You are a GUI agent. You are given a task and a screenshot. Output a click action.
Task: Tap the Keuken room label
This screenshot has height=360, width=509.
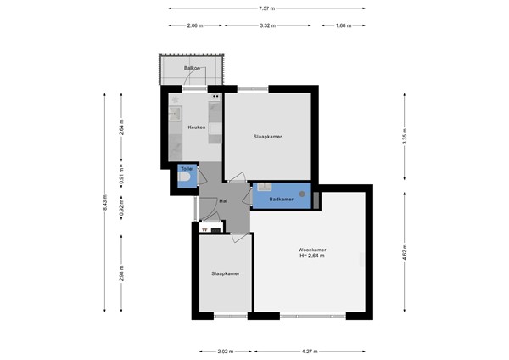pyautogui.click(x=197, y=127)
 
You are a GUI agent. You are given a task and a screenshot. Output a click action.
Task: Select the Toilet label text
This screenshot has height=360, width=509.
pyautogui.click(x=187, y=170)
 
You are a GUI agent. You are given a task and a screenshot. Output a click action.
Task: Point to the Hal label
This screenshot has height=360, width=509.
pyautogui.click(x=223, y=201)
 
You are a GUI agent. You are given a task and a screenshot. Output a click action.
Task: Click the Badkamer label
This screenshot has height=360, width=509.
pyautogui.click(x=281, y=200)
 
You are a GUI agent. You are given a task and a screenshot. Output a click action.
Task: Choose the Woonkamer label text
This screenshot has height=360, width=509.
pyautogui.click(x=312, y=249)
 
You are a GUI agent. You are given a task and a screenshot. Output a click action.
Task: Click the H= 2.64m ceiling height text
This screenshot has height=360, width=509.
pyautogui.click(x=312, y=256)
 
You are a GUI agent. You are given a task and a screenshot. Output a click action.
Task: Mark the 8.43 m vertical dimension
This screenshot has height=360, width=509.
pyautogui.click(x=104, y=203)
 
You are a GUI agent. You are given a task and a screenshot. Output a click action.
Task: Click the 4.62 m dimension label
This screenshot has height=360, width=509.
pyautogui.click(x=405, y=252)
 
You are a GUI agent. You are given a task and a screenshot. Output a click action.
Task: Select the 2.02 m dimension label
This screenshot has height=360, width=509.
pyautogui.click(x=226, y=350)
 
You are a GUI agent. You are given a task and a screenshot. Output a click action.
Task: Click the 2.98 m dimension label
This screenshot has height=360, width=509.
pyautogui.click(x=122, y=274)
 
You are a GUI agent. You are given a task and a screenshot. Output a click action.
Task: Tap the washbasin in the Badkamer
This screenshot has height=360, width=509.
pyautogui.click(x=265, y=187)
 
